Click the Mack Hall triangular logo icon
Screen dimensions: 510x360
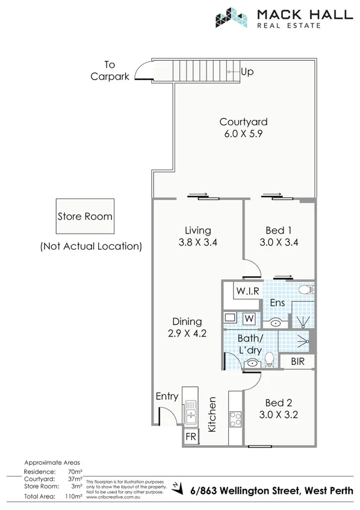[232, 17]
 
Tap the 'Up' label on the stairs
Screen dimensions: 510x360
[246, 72]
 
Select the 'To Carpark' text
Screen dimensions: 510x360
[110, 70]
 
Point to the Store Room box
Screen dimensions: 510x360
[85, 217]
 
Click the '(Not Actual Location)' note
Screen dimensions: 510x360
[91, 246]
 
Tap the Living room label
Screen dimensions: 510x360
[197, 230]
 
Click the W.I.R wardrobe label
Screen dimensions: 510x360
[247, 291]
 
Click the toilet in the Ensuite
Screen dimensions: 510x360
[306, 289]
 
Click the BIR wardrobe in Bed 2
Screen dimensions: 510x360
[297, 362]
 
